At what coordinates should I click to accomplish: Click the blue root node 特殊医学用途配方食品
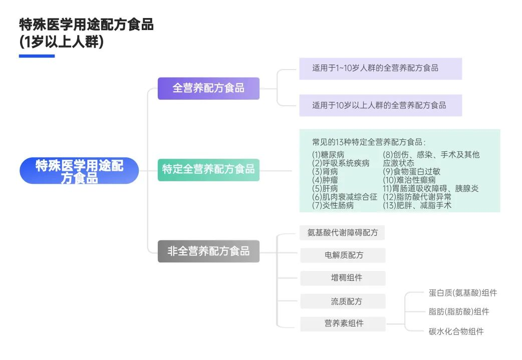79,171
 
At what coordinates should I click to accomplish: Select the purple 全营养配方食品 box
208,88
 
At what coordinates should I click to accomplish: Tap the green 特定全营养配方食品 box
208,169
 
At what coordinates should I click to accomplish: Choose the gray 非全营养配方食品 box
208,251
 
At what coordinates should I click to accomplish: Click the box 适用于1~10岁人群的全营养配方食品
380,68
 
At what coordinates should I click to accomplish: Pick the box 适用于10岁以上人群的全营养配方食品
380,105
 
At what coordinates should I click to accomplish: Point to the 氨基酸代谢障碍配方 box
343,233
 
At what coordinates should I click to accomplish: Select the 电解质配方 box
343,255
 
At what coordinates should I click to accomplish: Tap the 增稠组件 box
343,278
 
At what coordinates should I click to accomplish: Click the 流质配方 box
343,301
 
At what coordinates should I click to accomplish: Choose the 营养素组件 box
343,324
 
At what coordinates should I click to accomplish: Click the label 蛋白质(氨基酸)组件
462,293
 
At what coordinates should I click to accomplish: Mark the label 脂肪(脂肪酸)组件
458,311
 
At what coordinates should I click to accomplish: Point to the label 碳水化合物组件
456,331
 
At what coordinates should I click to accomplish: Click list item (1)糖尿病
328,154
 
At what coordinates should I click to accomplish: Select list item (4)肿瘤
324,180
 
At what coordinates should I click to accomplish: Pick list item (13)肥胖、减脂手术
417,205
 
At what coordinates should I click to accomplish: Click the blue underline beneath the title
37,56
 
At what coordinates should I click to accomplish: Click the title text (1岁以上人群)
61,42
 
